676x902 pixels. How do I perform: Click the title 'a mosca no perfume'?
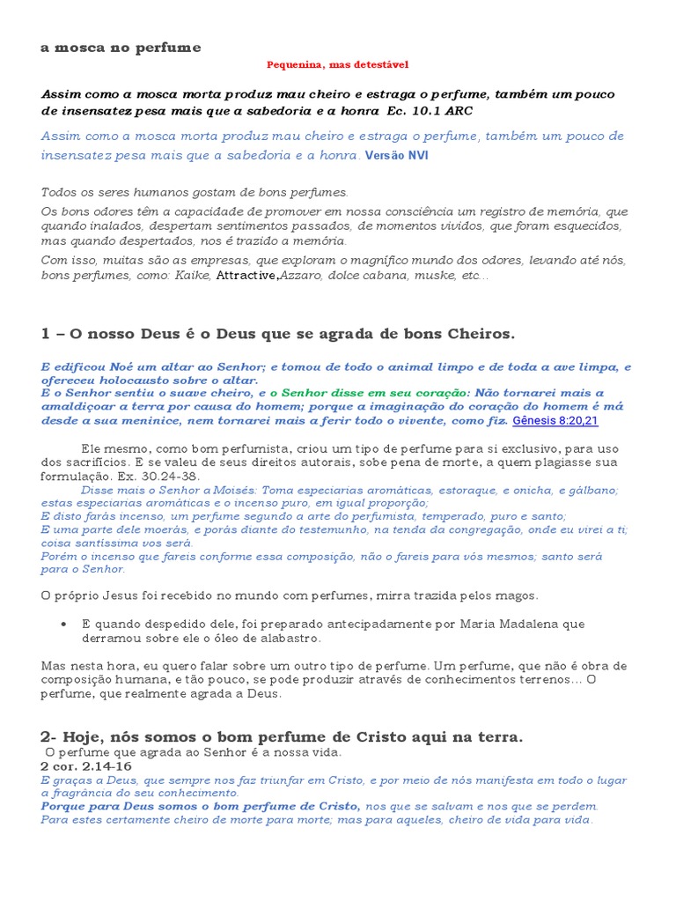(121, 48)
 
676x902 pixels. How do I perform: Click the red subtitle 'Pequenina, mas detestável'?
(338, 64)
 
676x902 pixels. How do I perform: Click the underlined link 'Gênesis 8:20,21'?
(555, 421)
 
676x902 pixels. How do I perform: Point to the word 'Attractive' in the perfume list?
(247, 276)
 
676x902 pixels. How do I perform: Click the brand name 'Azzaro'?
(301, 276)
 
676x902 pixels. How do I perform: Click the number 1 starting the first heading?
(45, 334)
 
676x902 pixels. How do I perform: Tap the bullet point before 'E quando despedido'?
(64, 624)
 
